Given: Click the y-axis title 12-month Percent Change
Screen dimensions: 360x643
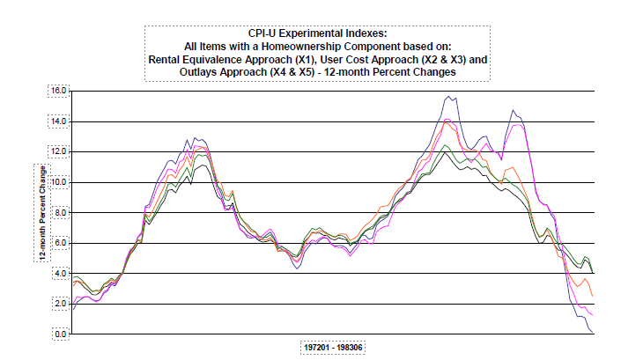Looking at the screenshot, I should [41, 212].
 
